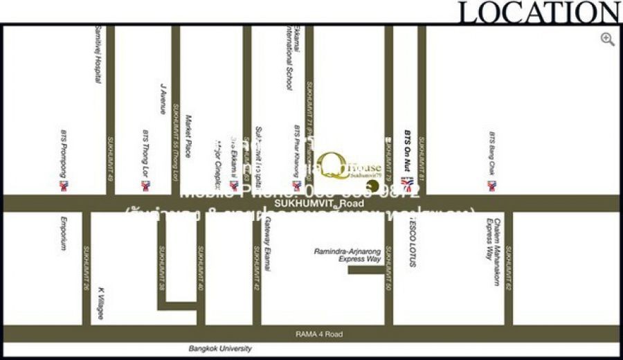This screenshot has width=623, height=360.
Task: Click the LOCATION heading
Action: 539,12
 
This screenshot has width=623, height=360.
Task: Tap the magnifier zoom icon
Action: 608,39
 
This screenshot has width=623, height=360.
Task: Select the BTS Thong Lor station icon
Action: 145,186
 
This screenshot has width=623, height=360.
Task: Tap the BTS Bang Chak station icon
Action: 491,186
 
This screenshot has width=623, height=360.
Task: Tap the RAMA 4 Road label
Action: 319,334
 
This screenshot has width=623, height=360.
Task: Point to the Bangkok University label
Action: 220,349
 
